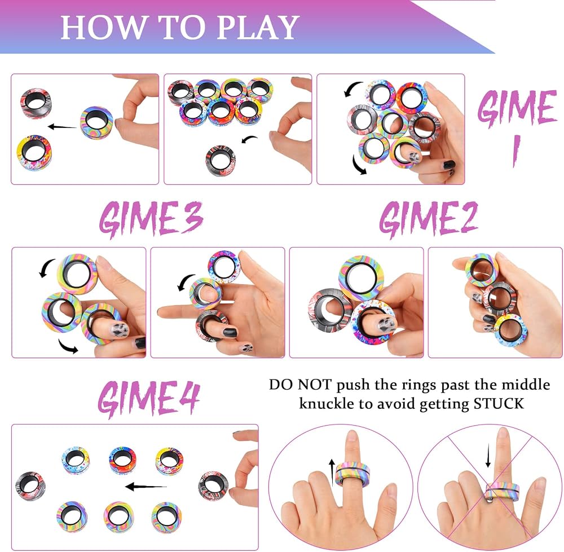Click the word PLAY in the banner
coord(258,27)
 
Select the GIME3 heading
coord(151,219)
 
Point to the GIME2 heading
coord(429,219)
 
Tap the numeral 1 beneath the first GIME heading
coord(516,151)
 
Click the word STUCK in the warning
coord(499,404)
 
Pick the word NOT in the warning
coord(314,385)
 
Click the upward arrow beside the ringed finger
coord(332,472)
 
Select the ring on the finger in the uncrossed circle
coord(352,474)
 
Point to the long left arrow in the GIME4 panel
coord(146,487)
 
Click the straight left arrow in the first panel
coord(62,127)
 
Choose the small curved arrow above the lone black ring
coord(249,139)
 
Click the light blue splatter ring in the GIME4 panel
coord(75,461)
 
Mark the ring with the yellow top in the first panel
coord(34,153)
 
